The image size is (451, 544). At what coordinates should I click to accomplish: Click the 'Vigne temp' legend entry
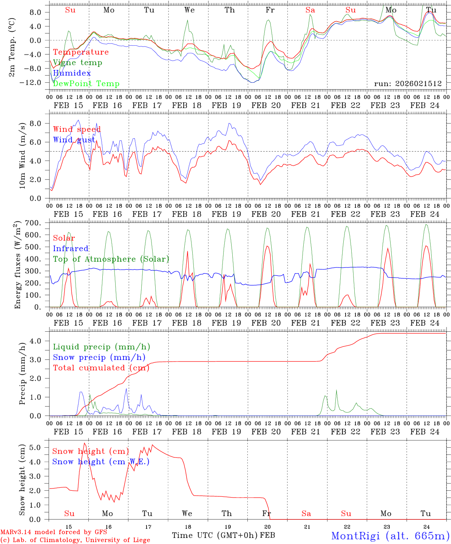click(x=77, y=63)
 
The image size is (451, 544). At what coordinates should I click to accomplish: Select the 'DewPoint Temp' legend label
click(x=86, y=84)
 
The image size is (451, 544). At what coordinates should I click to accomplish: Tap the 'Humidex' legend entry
click(x=72, y=73)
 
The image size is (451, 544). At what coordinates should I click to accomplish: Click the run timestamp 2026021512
click(x=408, y=83)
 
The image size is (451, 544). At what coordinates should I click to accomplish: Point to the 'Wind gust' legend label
click(x=74, y=140)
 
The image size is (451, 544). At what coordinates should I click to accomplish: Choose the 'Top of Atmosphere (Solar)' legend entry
click(x=111, y=259)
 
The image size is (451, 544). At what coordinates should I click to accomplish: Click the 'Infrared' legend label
click(x=71, y=249)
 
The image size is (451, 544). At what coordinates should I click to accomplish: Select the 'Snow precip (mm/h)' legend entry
click(x=99, y=357)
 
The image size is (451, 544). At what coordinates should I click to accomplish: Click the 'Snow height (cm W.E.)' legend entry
click(x=101, y=462)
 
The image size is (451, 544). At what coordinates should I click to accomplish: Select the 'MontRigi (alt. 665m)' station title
click(x=390, y=535)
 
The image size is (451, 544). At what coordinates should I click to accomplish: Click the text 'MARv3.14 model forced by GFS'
click(x=54, y=532)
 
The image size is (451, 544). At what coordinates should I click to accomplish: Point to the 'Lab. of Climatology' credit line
click(x=75, y=540)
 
